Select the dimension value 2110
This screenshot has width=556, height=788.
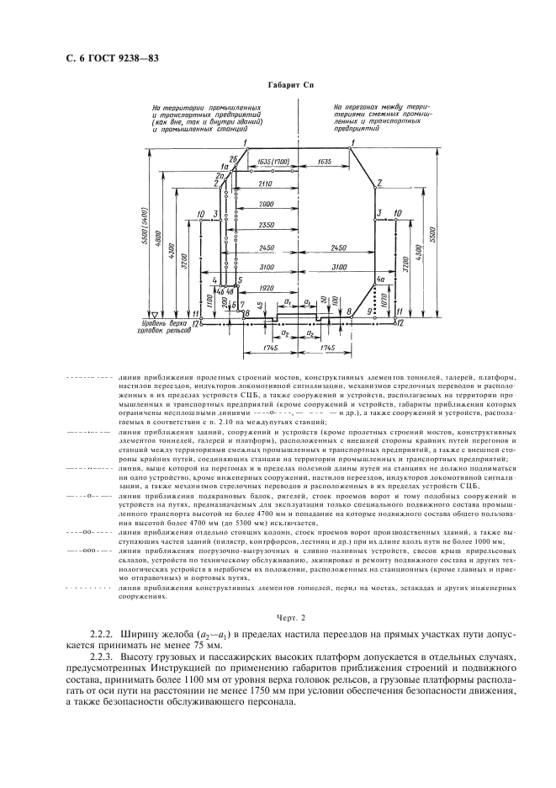pos(266,183)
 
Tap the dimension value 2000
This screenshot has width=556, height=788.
pos(266,205)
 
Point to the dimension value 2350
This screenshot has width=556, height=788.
pos(266,226)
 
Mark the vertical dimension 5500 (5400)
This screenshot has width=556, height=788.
pos(146,227)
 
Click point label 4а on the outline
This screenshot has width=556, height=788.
pos(381,280)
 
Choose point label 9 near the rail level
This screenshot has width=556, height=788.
pos(368,312)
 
